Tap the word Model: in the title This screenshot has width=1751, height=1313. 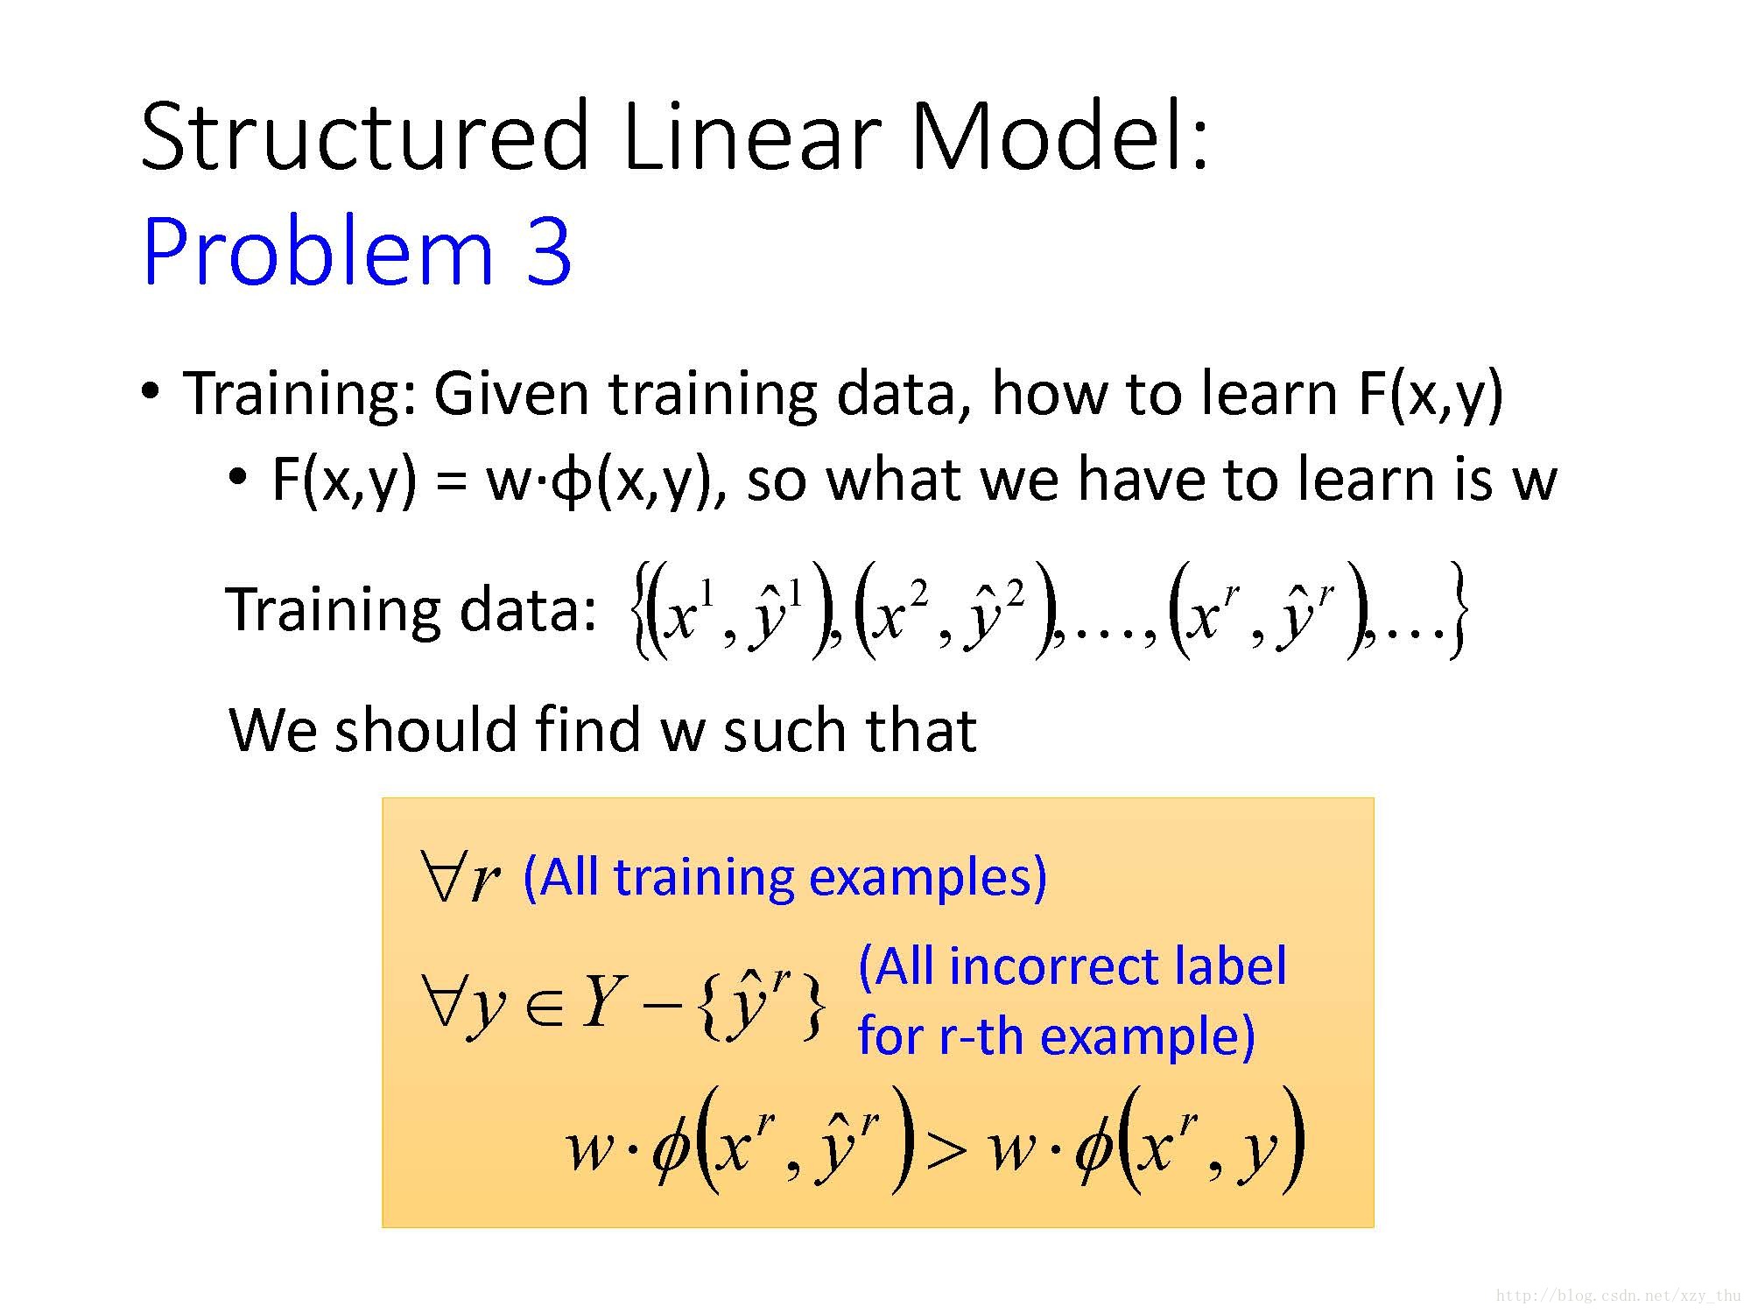click(x=1060, y=137)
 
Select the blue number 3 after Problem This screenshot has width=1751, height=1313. click(x=549, y=251)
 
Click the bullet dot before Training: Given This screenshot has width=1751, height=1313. click(x=151, y=390)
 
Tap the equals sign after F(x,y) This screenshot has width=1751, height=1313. click(x=451, y=481)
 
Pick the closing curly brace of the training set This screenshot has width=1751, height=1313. click(x=1457, y=610)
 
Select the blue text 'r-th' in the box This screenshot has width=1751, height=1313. click(x=981, y=1036)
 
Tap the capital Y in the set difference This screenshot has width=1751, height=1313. click(x=604, y=1002)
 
